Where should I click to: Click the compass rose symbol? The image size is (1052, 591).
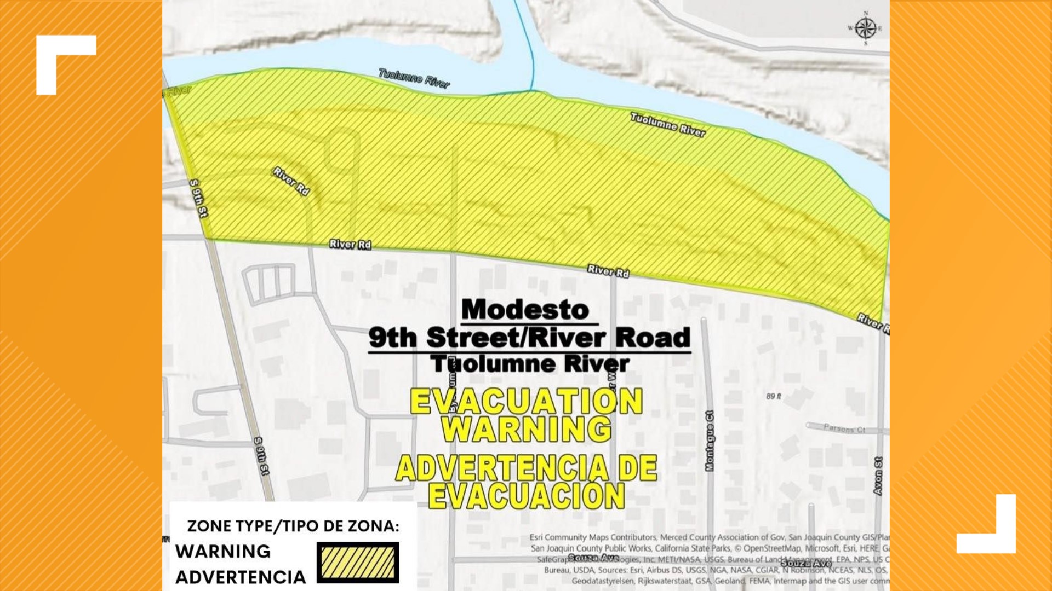(x=865, y=28)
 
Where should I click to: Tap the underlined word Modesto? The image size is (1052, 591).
(x=525, y=310)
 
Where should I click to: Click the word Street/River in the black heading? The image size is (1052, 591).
(x=516, y=338)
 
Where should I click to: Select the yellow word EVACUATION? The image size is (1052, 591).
(x=526, y=402)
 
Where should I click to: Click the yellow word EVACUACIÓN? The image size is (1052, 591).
(x=526, y=496)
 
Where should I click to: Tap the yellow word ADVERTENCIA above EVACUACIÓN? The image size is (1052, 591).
(x=501, y=468)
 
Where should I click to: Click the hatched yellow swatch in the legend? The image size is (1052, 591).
(x=358, y=562)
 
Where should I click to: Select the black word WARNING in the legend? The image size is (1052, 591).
(x=223, y=551)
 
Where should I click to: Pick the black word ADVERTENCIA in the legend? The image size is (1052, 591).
(x=241, y=577)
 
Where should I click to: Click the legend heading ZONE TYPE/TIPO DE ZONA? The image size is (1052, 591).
(x=293, y=526)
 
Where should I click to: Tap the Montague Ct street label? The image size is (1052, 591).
(x=710, y=441)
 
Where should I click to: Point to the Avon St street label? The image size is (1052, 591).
(x=878, y=476)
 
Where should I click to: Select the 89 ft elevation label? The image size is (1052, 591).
(x=774, y=396)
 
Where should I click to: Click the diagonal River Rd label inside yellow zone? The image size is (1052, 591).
(x=291, y=181)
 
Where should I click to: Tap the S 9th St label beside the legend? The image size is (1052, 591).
(x=262, y=456)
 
